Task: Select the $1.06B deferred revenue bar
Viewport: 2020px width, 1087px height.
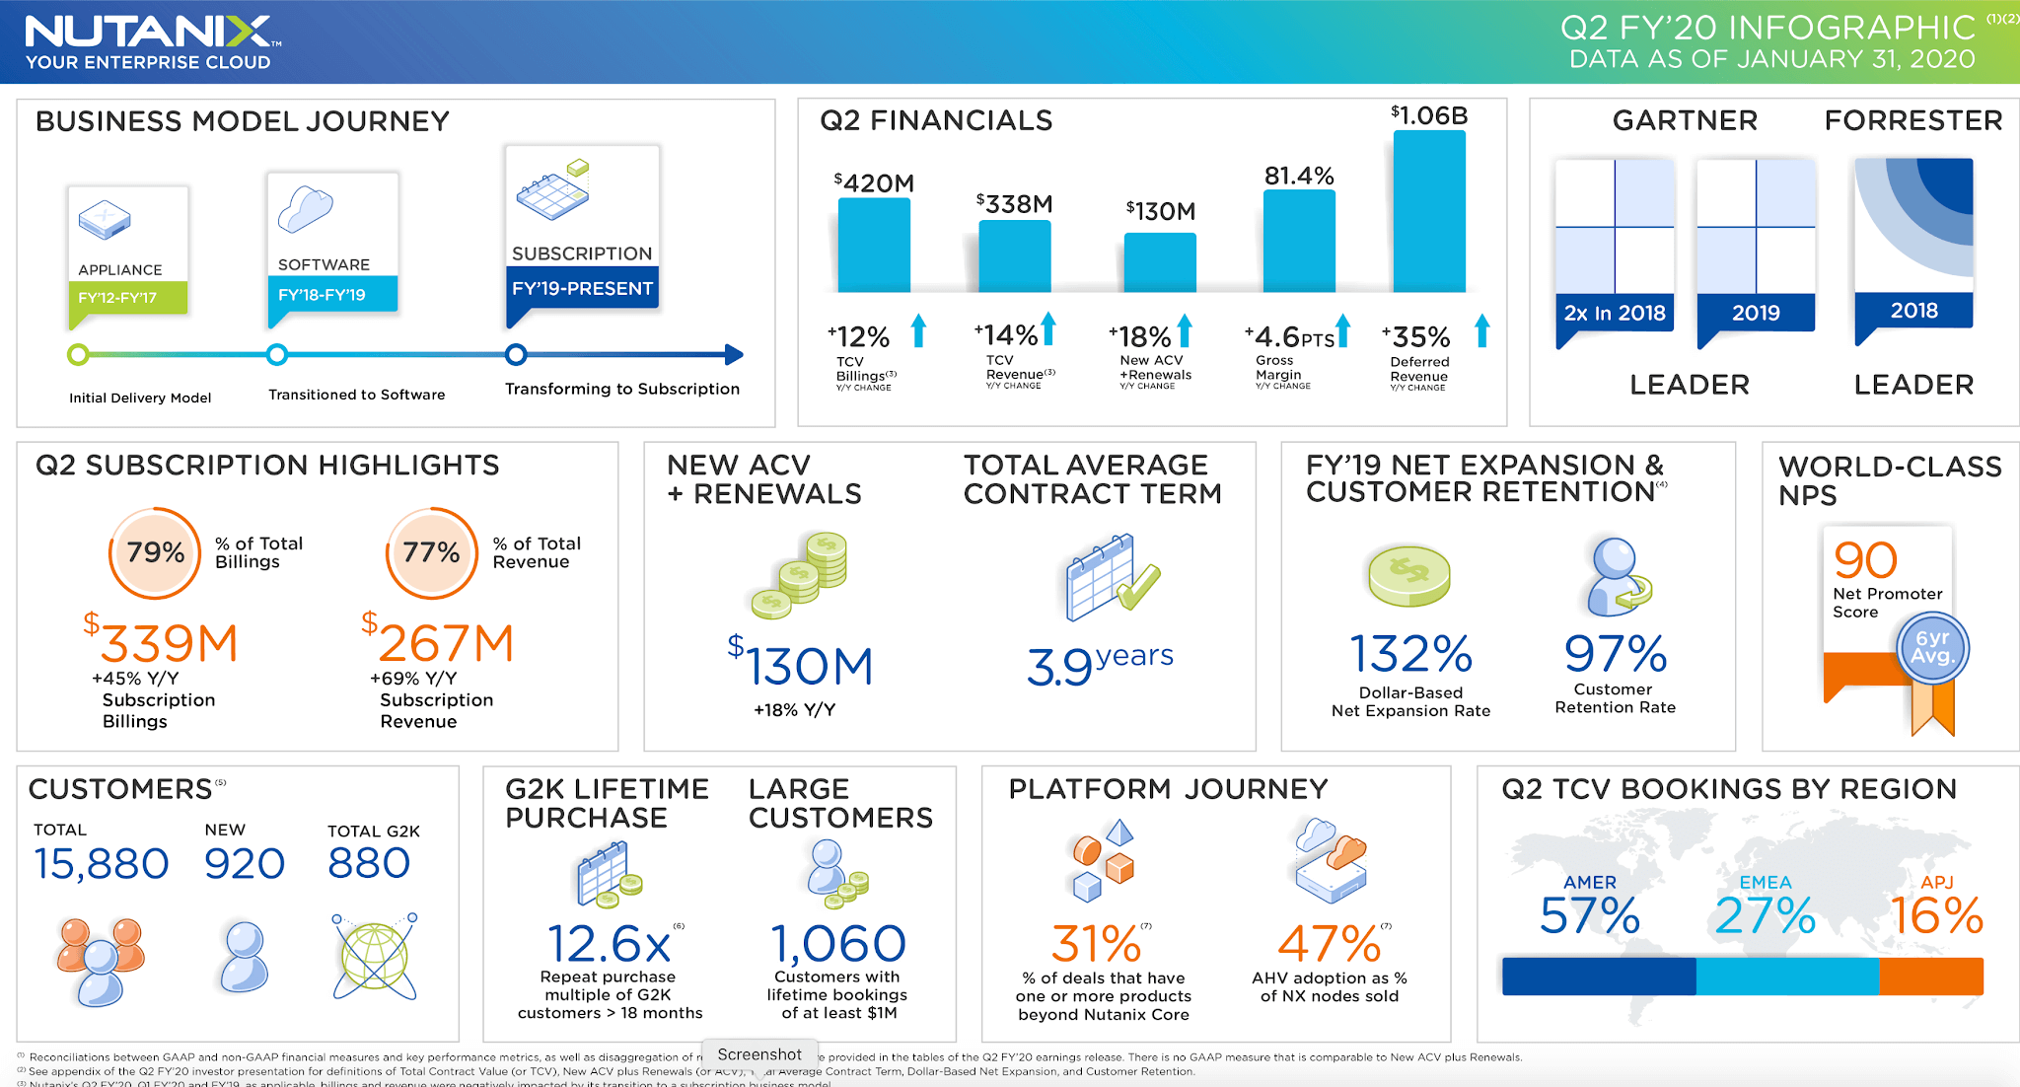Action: click(1428, 211)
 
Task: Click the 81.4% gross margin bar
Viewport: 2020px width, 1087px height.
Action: click(1299, 241)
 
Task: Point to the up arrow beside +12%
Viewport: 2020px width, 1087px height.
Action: click(918, 330)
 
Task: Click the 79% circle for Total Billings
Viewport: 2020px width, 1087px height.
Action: click(155, 552)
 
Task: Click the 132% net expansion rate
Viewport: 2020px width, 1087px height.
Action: click(1410, 654)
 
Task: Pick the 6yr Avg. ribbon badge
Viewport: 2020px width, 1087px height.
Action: click(1932, 648)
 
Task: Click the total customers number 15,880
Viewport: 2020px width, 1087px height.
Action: click(101, 864)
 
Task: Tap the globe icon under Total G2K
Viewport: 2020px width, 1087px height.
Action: click(375, 956)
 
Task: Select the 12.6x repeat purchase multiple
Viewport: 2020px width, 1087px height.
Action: click(609, 944)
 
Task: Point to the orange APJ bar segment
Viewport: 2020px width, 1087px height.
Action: click(1930, 977)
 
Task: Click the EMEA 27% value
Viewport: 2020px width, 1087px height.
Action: click(1765, 915)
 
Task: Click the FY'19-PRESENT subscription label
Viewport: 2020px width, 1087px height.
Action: click(582, 289)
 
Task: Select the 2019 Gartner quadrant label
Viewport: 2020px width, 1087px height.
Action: click(1756, 313)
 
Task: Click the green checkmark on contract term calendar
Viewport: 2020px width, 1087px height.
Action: click(1139, 586)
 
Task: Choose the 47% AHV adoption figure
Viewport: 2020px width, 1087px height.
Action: click(1329, 944)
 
